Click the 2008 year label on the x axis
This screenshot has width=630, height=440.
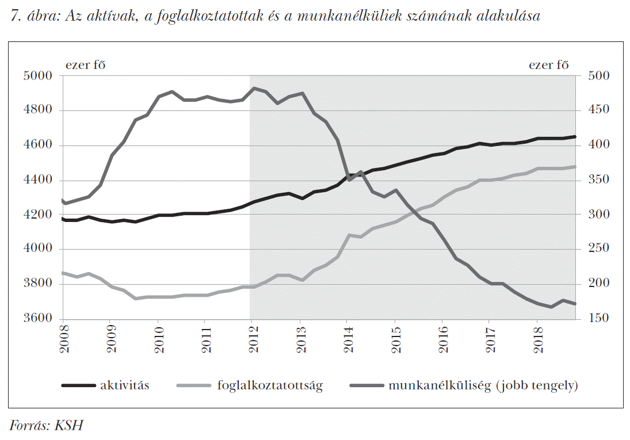[x=63, y=340]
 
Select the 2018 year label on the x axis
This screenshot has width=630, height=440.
[x=537, y=340]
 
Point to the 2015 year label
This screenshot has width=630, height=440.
[x=395, y=340]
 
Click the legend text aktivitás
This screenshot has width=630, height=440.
[x=125, y=385]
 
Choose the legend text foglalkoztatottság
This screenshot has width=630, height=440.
[x=270, y=385]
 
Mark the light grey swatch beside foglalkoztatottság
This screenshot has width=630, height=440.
[x=196, y=386]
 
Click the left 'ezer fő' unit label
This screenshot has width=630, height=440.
[x=85, y=64]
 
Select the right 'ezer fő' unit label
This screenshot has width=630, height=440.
[x=548, y=64]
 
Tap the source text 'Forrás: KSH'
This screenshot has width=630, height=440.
[x=47, y=426]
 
